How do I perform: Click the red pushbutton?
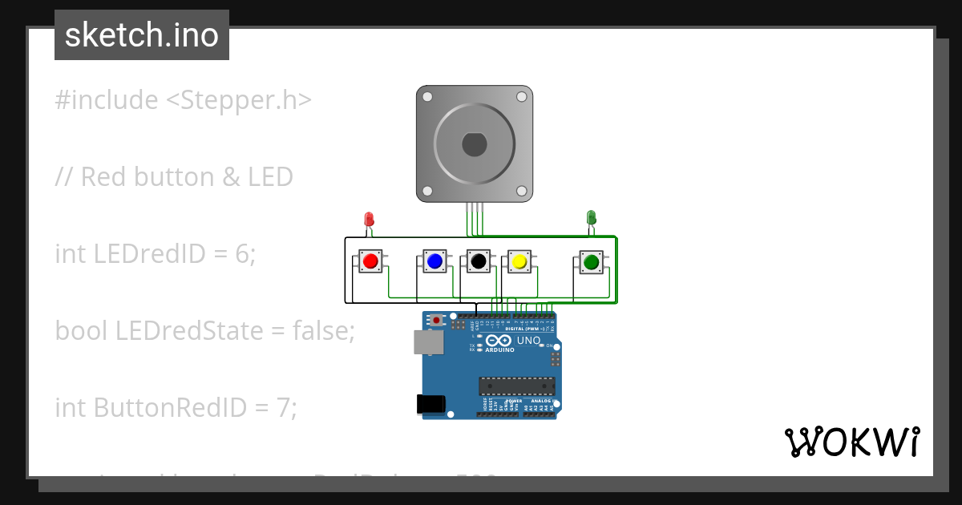click(x=370, y=261)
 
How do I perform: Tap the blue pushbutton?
click(x=435, y=261)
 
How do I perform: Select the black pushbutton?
click(x=479, y=261)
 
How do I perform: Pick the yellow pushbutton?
click(x=519, y=261)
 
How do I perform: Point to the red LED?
click(x=369, y=218)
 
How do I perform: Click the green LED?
click(x=591, y=216)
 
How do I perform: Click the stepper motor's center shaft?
click(x=474, y=144)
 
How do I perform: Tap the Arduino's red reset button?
click(x=436, y=321)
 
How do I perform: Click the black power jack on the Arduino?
click(x=430, y=405)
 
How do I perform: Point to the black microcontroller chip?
click(x=516, y=386)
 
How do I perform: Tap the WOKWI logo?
click(x=851, y=442)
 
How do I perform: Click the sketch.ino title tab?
click(x=142, y=35)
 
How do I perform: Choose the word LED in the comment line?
click(x=271, y=177)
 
